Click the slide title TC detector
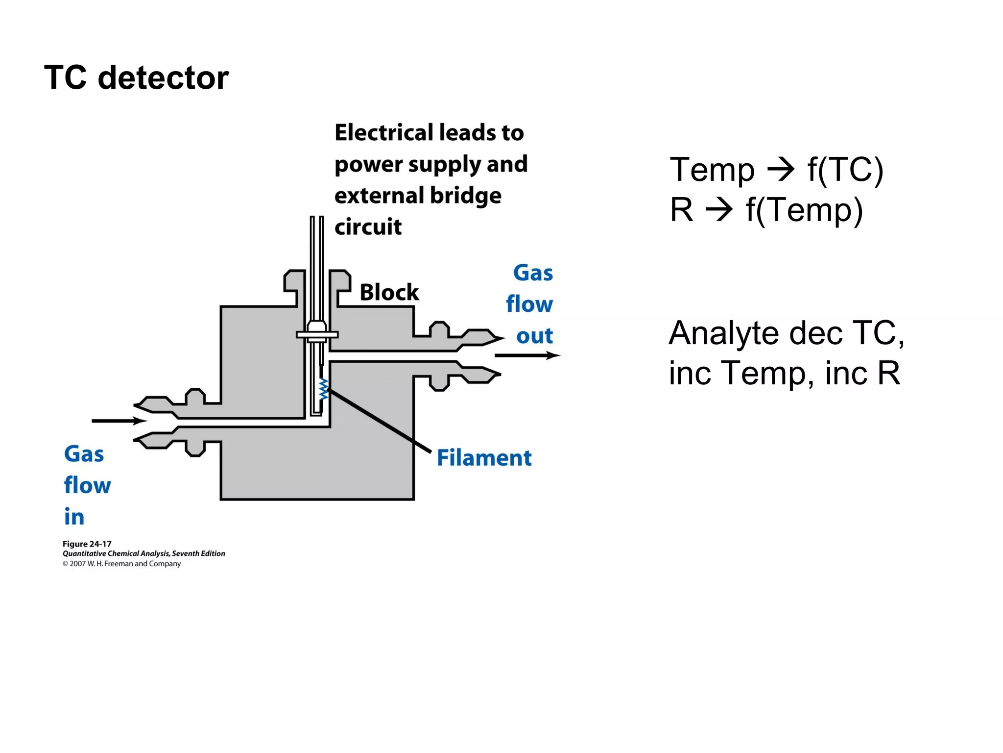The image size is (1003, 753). [x=136, y=77]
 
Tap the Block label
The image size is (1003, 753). [x=389, y=293]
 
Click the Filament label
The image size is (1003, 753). [x=484, y=458]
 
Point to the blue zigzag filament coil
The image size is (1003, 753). [x=323, y=389]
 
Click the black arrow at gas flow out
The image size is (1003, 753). [x=527, y=355]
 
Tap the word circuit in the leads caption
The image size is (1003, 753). [x=368, y=227]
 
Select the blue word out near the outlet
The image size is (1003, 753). [x=534, y=336]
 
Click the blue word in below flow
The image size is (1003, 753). [x=74, y=517]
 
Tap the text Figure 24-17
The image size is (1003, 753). [x=87, y=544]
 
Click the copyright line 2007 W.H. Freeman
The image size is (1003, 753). [x=122, y=564]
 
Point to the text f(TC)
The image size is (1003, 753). [x=845, y=170]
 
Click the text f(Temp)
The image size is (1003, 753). [x=804, y=210]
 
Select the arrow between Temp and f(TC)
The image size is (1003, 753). [x=781, y=170]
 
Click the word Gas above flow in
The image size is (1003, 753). [x=84, y=454]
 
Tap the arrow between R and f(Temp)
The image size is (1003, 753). [x=718, y=210]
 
